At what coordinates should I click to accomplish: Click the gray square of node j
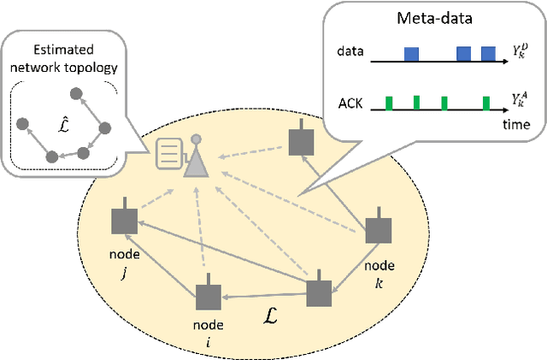click(125, 222)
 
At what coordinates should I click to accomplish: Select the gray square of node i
click(208, 297)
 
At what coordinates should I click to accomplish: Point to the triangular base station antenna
click(196, 161)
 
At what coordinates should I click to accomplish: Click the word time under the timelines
click(515, 125)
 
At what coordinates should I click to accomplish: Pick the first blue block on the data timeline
click(411, 54)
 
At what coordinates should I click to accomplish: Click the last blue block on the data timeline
click(488, 54)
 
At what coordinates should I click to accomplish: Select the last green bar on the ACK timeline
click(485, 103)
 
